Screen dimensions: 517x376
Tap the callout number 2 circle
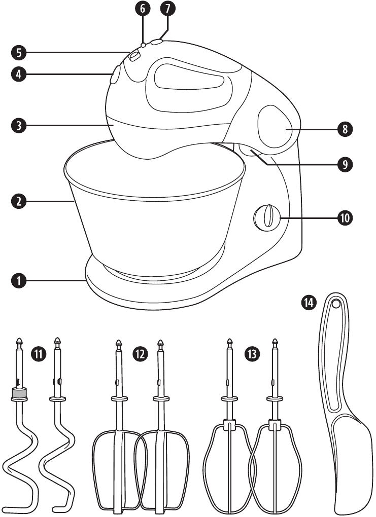coord(18,201)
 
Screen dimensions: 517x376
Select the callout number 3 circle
coord(18,125)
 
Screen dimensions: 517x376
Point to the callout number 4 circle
coord(18,74)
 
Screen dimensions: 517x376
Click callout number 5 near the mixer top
coord(18,52)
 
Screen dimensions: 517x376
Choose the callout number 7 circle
coord(166,9)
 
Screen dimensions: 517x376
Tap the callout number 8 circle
coord(345,129)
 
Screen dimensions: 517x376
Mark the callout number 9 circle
coord(345,165)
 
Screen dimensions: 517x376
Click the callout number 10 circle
coord(345,218)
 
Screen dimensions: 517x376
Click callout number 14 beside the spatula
coord(308,303)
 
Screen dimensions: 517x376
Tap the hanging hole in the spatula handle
coord(335,304)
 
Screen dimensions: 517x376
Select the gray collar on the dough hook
coord(19,393)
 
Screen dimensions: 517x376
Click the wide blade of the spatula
coord(351,456)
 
